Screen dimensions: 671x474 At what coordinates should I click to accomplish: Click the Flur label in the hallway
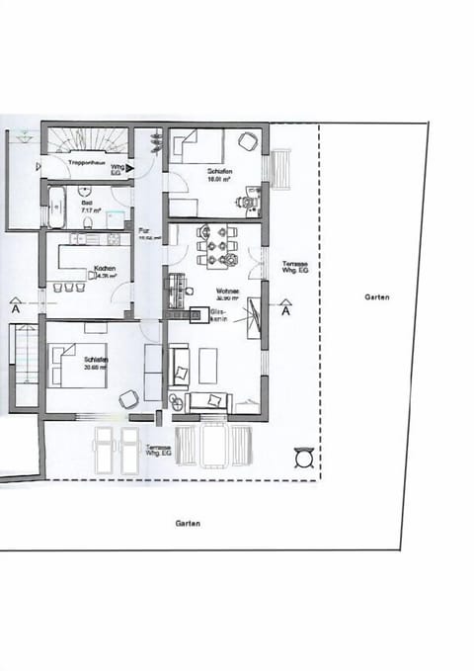[143, 230]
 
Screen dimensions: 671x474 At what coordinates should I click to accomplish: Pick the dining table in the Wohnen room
[216, 246]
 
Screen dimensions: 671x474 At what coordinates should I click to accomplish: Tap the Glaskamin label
[218, 314]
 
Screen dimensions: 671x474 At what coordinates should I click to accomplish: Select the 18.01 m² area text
[218, 180]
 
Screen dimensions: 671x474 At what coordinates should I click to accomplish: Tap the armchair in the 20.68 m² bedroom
[128, 399]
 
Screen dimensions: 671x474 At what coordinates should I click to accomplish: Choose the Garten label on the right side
[376, 296]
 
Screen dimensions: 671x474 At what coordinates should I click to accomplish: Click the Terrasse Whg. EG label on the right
[295, 267]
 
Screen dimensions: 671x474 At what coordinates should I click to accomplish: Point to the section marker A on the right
[285, 310]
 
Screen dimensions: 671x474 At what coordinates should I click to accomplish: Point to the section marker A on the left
[16, 309]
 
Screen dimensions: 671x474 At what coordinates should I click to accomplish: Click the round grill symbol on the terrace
[304, 458]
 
